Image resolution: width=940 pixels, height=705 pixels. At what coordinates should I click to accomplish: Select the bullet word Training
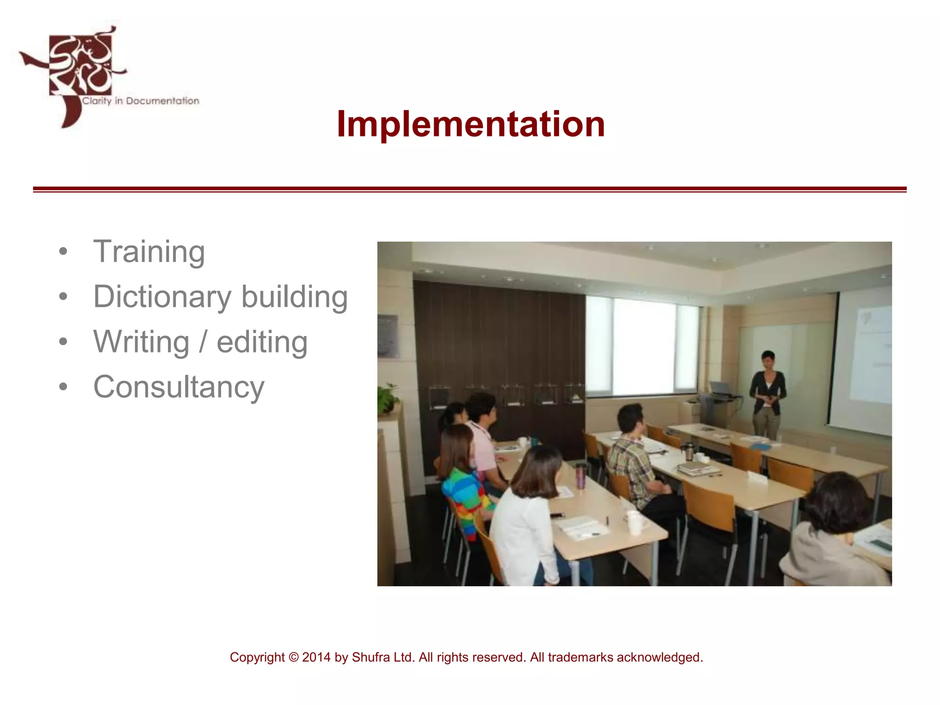(x=149, y=252)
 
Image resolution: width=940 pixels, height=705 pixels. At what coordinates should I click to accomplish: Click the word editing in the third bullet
(x=262, y=342)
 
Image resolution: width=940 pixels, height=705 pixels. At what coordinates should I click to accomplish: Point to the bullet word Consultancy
(x=179, y=387)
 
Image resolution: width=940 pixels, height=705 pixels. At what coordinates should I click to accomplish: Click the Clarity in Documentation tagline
(x=140, y=101)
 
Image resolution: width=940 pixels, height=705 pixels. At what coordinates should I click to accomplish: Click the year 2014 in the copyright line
(x=316, y=657)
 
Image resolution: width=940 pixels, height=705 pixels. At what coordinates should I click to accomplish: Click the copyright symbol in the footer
(x=293, y=657)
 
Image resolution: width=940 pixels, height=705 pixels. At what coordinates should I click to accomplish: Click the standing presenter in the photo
(x=767, y=395)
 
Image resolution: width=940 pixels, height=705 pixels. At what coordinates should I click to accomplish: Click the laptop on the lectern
(x=721, y=388)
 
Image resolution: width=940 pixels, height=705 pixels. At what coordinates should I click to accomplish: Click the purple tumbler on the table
(x=581, y=476)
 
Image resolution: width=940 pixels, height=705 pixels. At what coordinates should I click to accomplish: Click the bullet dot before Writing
(x=63, y=342)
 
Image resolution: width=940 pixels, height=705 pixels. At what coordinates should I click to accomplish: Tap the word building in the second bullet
(x=294, y=297)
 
